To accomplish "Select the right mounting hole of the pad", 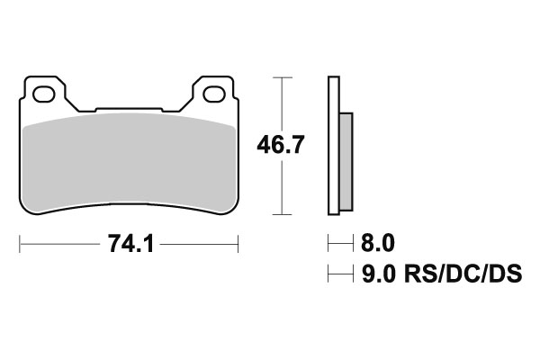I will coord(215,92).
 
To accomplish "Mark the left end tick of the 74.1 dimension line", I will coord(20,243).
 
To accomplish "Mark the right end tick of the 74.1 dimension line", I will coord(238,243).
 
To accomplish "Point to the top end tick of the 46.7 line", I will coord(283,78).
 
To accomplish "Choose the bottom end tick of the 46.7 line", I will coord(283,214).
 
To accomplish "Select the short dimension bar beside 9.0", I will coord(339,273).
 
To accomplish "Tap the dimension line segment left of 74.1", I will coord(58,243).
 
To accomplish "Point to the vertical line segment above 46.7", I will coord(283,103).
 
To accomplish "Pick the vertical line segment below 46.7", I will coord(283,189).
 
